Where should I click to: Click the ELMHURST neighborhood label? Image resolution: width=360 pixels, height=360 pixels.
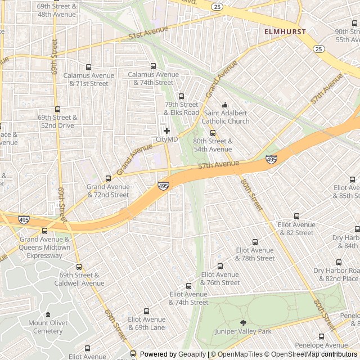pos(286,32)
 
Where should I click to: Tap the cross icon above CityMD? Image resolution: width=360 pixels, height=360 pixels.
pos(166,130)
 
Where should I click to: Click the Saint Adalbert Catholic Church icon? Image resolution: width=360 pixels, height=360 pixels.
pos(226,105)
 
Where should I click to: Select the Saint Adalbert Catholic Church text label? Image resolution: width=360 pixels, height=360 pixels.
pos(226,117)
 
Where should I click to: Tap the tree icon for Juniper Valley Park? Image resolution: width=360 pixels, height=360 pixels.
pos(243,323)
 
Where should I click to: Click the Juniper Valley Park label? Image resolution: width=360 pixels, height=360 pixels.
pos(243,331)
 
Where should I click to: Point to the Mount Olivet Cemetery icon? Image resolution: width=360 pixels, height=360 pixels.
pos(47,314)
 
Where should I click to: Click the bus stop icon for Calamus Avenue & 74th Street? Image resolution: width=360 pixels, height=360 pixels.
pos(153,66)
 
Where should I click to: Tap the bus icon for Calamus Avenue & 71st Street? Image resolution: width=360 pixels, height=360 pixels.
pos(88,67)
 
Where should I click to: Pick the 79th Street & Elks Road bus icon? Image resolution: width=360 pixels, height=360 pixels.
pos(181,96)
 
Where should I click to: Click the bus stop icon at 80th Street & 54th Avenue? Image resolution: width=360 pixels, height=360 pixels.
pos(213,133)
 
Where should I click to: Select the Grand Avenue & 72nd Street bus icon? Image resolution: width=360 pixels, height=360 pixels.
pos(108,178)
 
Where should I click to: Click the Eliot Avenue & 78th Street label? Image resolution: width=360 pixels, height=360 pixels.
pos(255,254)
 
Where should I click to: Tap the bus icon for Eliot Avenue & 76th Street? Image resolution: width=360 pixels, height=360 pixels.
pos(220,267)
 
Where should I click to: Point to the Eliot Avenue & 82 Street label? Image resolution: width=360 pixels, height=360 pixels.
pos(296,228)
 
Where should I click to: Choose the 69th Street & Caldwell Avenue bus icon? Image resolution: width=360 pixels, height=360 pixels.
pos(79,267)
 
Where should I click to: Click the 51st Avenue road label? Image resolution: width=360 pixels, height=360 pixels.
pos(141,36)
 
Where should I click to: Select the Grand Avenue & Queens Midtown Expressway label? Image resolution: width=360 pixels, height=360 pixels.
pos(44,247)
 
